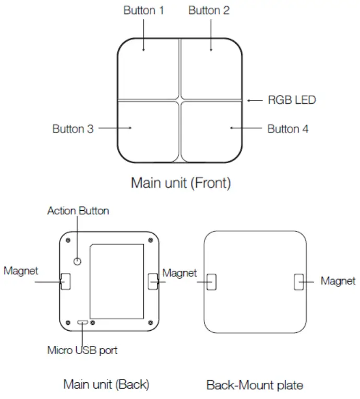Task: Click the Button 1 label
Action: [143, 10]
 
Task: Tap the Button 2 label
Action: [209, 10]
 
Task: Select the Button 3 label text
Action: [73, 128]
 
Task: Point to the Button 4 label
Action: [287, 129]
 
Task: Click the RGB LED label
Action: [292, 100]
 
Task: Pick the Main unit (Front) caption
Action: [181, 183]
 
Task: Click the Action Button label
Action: [78, 211]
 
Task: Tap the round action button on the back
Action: [78, 261]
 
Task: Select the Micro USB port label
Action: [82, 350]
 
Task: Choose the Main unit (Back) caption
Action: [106, 385]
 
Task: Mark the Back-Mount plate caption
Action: [255, 385]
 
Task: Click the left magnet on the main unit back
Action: [66, 282]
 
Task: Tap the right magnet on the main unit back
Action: [153, 282]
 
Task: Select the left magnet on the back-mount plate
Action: [211, 282]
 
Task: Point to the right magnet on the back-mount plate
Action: [298, 282]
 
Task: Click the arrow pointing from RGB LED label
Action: [255, 100]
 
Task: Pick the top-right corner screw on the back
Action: [151, 240]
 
